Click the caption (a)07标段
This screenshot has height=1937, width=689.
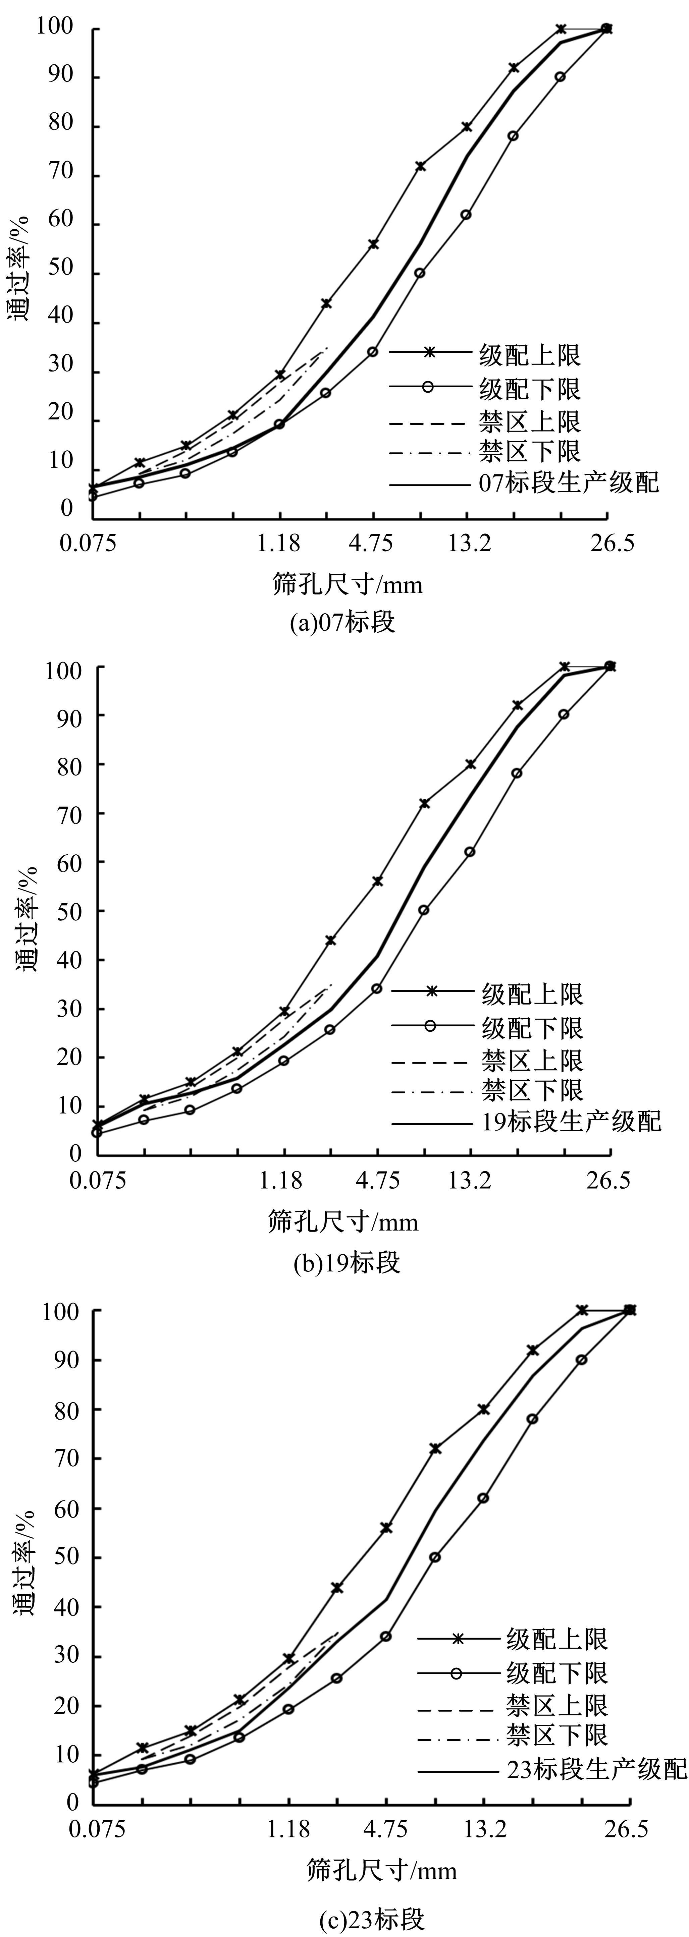[x=342, y=623]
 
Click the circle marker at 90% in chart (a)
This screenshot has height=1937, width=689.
[x=560, y=77]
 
